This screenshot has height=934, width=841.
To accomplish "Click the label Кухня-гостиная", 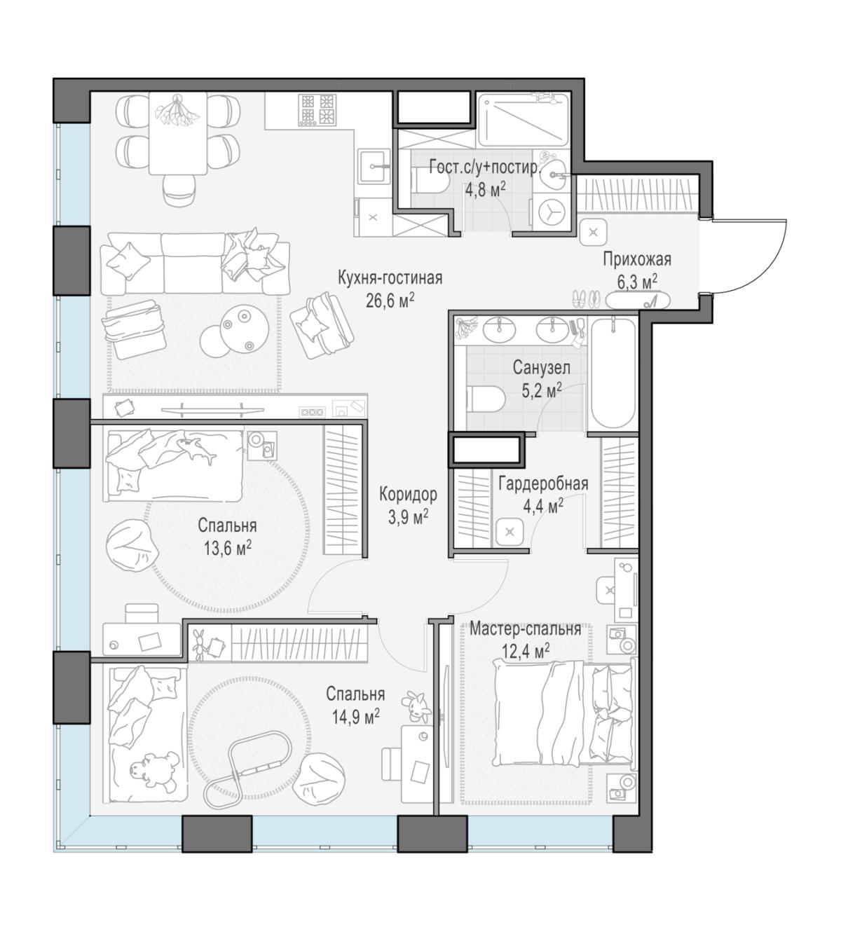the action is [390, 278].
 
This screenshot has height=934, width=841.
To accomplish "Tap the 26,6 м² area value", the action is [390, 301].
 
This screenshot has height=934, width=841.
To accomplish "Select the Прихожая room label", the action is [637, 259].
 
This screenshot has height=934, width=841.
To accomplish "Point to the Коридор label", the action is [408, 494].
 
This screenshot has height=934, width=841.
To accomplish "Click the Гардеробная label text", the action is [543, 483].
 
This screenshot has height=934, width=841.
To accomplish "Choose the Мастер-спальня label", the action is [525, 629].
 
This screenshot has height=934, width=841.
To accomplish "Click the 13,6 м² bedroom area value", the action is [227, 548].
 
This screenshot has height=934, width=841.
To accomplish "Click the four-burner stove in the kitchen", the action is [317, 110].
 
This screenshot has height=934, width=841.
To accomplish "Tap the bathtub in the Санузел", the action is [613, 373].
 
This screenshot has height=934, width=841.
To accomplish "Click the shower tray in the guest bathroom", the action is [524, 119].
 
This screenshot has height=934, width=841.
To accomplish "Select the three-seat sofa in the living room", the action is [196, 263].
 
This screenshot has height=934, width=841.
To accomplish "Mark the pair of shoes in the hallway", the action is [586, 299].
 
